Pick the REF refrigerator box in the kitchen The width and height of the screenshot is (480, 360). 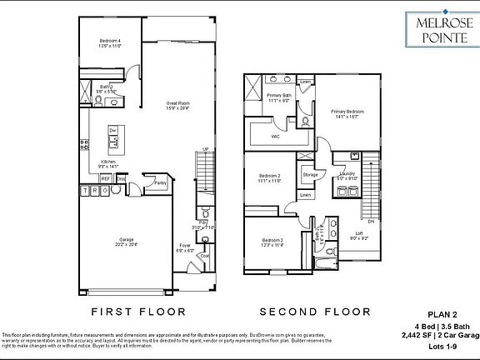[106, 178]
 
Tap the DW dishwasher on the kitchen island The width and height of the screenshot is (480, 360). [112, 131]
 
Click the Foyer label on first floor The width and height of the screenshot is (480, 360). [186, 247]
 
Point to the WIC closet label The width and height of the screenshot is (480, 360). [275, 137]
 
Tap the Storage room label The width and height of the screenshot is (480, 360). [310, 175]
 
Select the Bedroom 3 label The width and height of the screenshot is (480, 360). [270, 242]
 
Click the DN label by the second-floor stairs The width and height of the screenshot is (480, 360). [371, 222]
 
